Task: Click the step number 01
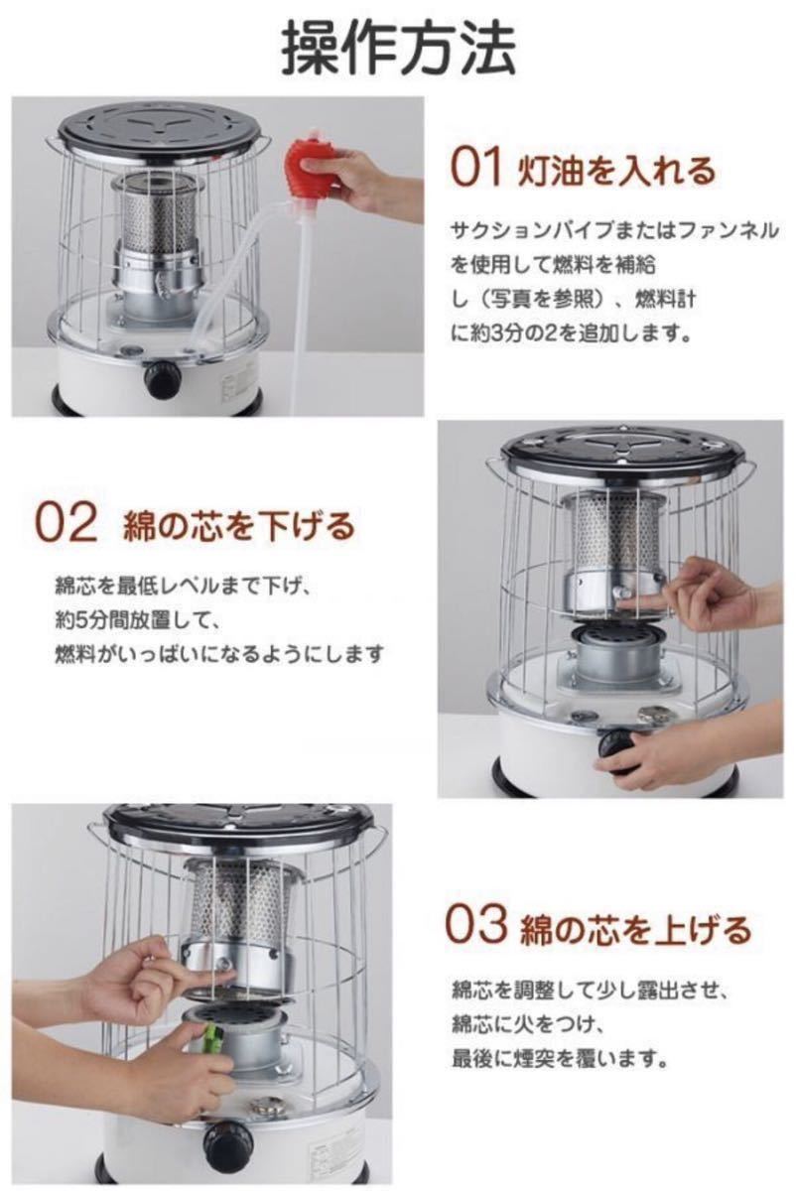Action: click(x=475, y=169)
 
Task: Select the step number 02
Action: click(x=67, y=524)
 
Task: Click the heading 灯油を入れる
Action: click(x=615, y=171)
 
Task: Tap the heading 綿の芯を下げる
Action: click(x=239, y=525)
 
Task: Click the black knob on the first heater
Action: click(x=162, y=378)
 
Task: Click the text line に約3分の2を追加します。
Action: click(x=571, y=333)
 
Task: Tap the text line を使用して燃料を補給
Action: click(x=553, y=265)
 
